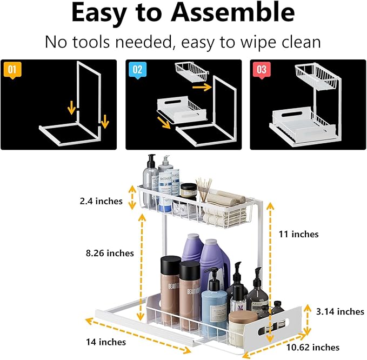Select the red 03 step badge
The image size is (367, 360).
pos(262,70)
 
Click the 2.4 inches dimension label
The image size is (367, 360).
pos(101,201)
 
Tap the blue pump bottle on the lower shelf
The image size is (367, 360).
pos(214,303)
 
